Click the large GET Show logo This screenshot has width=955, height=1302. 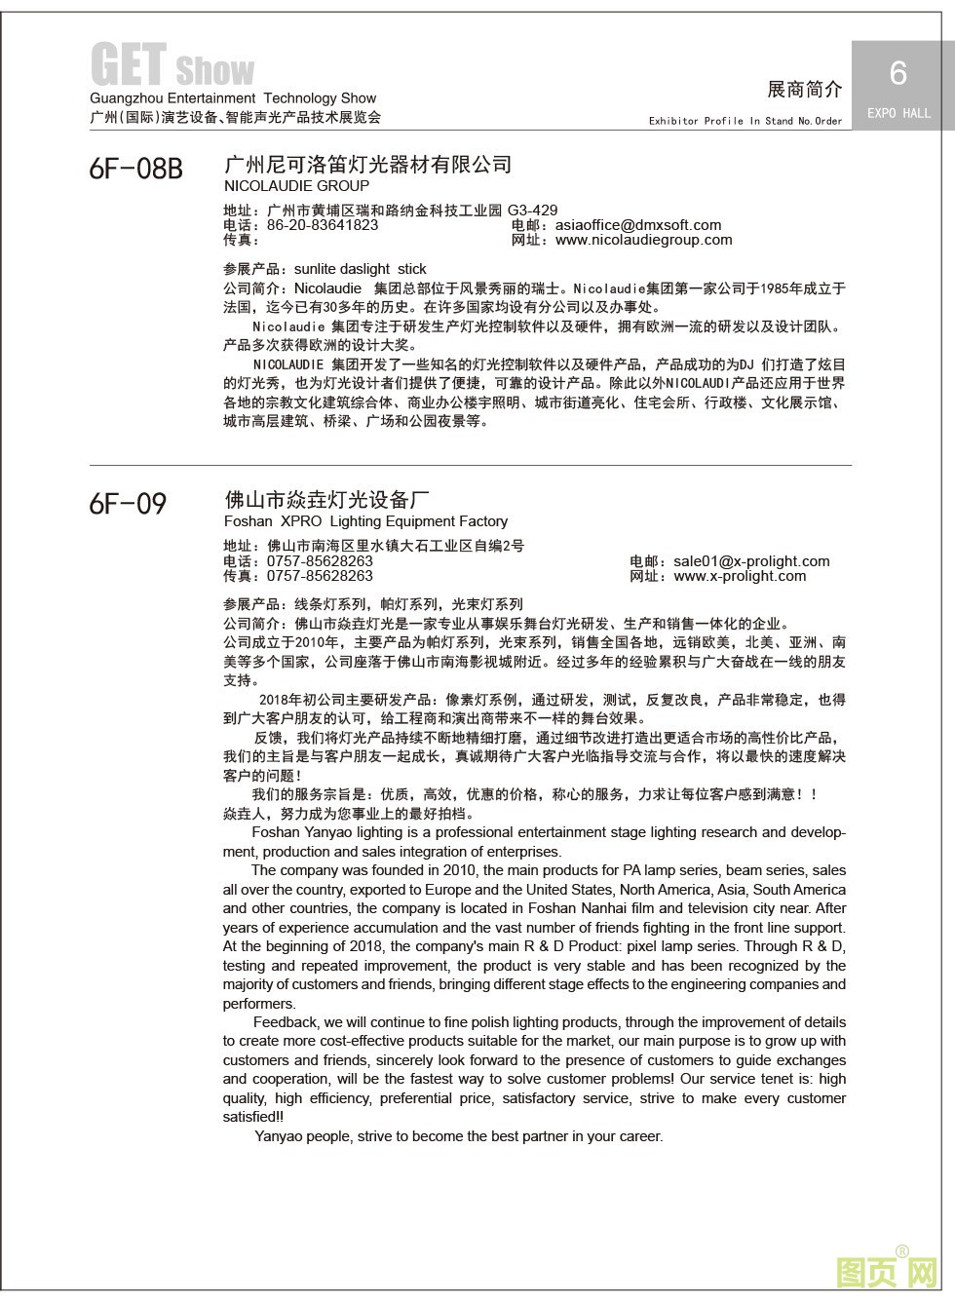[172, 66]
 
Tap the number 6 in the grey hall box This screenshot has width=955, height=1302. [898, 73]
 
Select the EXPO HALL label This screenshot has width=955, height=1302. [898, 113]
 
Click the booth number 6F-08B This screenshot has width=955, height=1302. [135, 170]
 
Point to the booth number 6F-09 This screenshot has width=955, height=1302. [128, 504]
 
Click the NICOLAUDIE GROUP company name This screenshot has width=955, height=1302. [296, 186]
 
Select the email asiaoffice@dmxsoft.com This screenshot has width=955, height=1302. [637, 225]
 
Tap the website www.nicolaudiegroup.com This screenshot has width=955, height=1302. [643, 240]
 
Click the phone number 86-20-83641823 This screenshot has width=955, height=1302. [323, 225]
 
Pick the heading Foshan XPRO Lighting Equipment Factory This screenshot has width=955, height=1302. [365, 521]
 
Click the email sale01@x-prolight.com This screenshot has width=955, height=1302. [751, 561]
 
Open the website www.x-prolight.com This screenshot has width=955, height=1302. [740, 576]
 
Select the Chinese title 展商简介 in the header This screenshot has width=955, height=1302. [804, 90]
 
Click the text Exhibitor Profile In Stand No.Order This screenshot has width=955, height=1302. [745, 121]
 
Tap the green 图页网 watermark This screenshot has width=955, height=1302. [887, 1270]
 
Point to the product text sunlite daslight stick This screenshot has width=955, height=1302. [360, 269]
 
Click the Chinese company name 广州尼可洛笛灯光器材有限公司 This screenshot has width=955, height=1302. [367, 164]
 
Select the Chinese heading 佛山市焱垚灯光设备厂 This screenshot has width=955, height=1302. [326, 500]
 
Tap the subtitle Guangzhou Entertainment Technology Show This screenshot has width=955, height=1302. [233, 98]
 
